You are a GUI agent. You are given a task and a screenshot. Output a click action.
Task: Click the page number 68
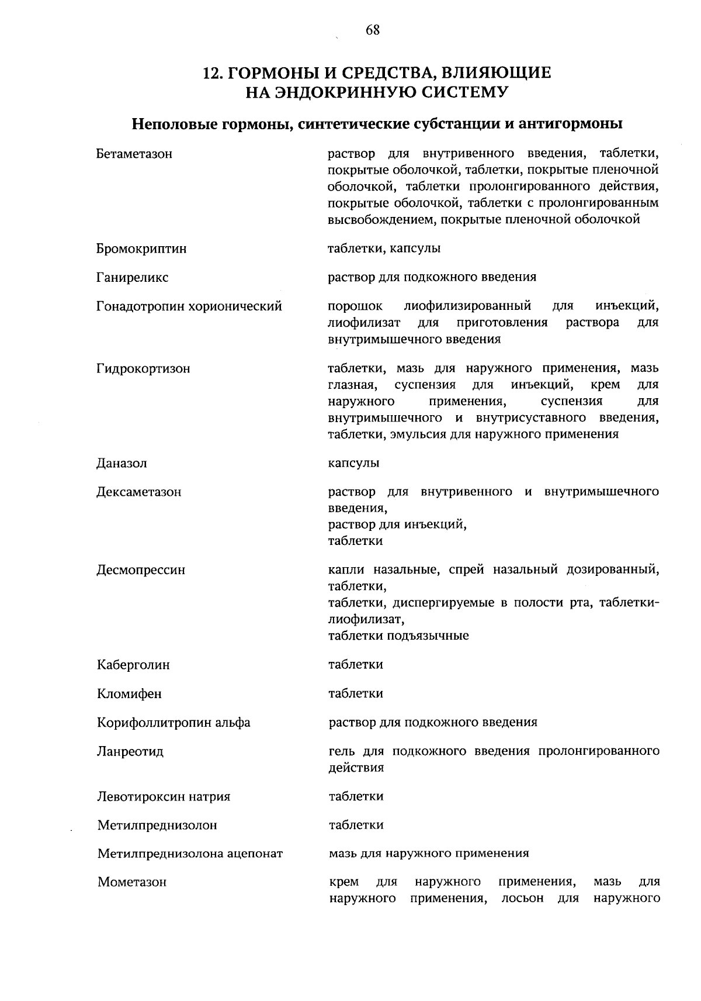373,30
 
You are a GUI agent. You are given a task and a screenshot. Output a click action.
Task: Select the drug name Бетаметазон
134,154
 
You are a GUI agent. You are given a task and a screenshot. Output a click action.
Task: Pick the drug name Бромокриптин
141,248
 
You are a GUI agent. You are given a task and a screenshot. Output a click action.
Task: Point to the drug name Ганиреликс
133,278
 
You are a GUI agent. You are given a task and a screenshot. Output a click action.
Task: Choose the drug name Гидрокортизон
143,369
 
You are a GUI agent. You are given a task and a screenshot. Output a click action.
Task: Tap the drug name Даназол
122,464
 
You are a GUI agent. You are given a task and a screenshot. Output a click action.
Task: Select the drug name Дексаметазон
139,492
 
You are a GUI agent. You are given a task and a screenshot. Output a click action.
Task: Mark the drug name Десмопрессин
141,570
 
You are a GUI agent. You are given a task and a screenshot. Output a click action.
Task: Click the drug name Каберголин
134,665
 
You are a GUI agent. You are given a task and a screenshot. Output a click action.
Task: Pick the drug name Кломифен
130,694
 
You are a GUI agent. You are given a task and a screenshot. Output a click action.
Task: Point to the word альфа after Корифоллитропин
233,723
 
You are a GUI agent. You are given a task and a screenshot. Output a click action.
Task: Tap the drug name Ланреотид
131,751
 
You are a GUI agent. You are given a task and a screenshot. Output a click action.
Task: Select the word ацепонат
254,854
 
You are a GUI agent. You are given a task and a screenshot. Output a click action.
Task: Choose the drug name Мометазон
132,882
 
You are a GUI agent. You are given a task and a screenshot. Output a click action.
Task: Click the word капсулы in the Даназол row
353,464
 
